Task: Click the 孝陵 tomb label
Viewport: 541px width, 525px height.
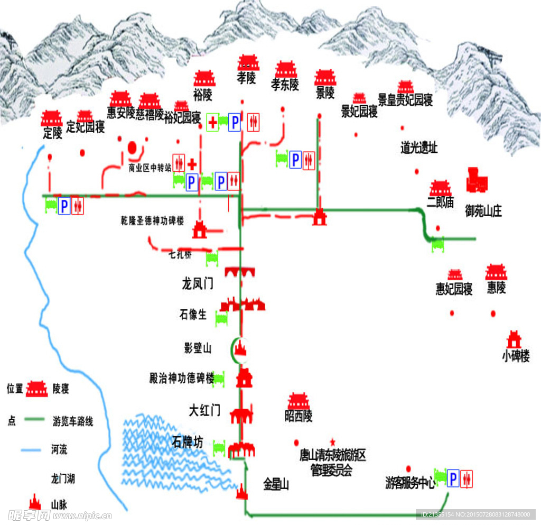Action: [x=246, y=78]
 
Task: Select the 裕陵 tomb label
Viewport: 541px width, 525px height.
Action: [x=202, y=95]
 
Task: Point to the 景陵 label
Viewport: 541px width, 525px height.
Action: [x=325, y=93]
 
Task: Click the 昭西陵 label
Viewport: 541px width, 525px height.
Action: [x=299, y=416]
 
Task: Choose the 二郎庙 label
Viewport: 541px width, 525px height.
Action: [x=440, y=202]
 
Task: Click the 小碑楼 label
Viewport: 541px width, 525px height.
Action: [x=516, y=356]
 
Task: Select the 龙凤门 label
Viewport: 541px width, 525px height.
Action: [x=197, y=284]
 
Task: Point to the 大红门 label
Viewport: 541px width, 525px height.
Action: [x=204, y=410]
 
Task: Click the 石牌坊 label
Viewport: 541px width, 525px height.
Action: [x=187, y=442]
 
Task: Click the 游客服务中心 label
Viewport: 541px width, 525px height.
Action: [x=410, y=482]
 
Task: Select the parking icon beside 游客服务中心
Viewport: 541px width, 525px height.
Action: [x=453, y=479]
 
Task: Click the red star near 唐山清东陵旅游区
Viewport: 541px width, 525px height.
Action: [x=332, y=441]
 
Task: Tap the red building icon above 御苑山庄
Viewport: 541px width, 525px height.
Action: [x=477, y=180]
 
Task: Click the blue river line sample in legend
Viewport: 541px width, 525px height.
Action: [x=31, y=450]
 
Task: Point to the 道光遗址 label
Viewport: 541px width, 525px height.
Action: [x=419, y=148]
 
